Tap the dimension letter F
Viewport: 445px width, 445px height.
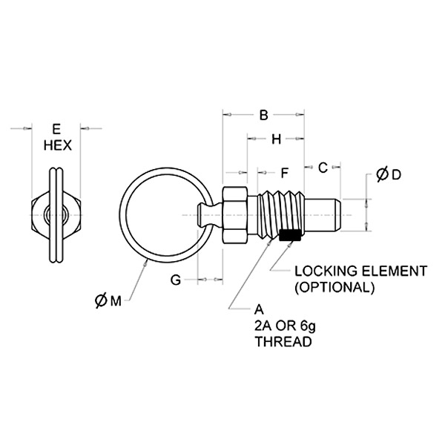[283, 174]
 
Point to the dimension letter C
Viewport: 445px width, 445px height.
[323, 168]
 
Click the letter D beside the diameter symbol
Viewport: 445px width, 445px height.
[396, 175]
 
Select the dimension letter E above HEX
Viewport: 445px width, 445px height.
[56, 128]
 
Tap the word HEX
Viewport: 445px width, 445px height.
[56, 145]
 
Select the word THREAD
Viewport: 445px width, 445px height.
[283, 343]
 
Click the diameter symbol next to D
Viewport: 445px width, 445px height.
[381, 175]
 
